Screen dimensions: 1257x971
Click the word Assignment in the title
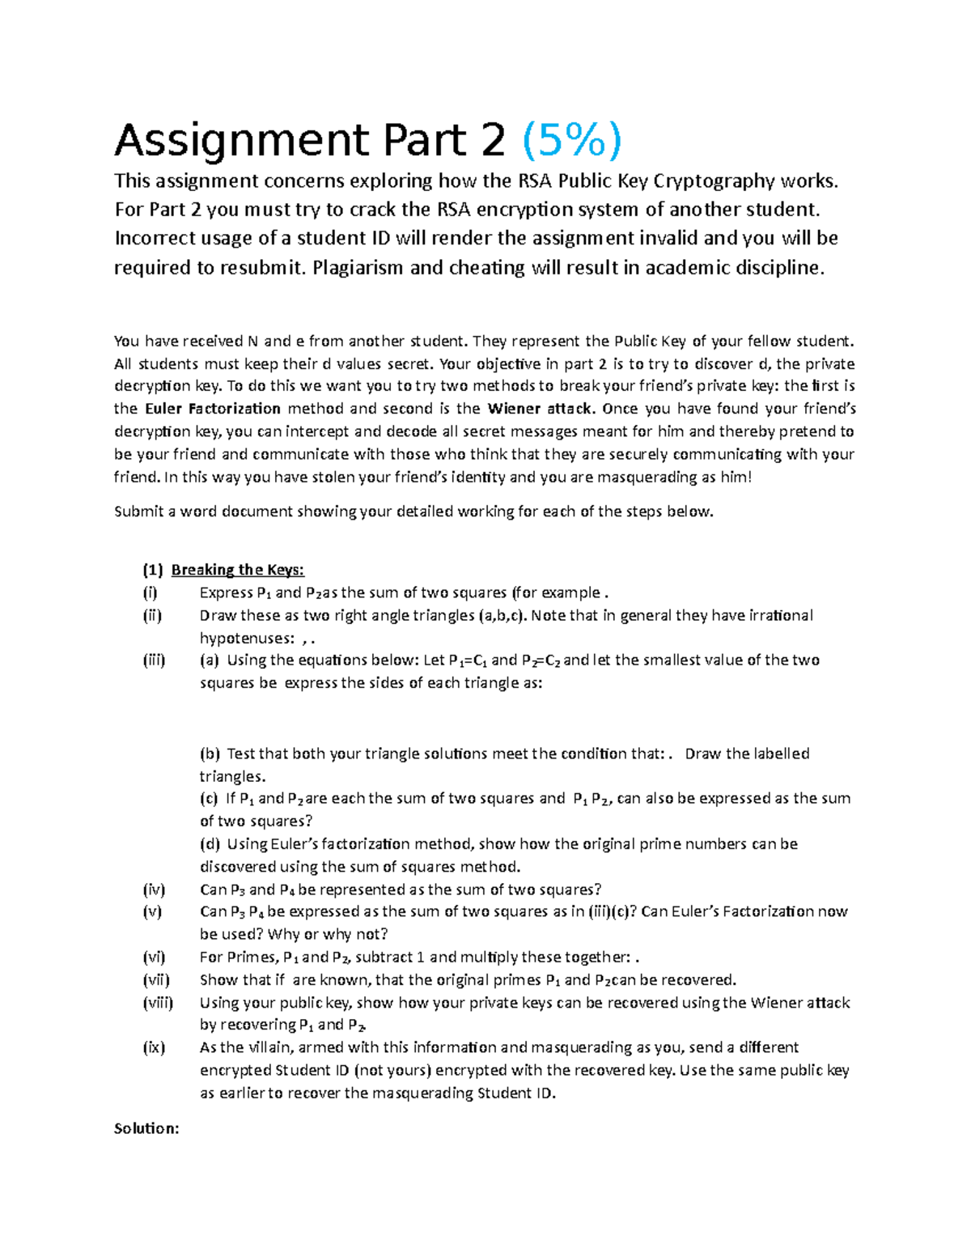pyautogui.click(x=241, y=142)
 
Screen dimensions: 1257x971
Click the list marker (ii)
pyautogui.click(x=151, y=615)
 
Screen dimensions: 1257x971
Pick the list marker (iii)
pyautogui.click(x=154, y=660)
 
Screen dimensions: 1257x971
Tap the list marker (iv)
pyautogui.click(x=153, y=890)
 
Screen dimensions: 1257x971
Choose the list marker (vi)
pyautogui.click(x=153, y=957)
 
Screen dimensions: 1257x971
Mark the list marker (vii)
pyautogui.click(x=155, y=979)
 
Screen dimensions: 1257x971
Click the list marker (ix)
pyautogui.click(x=153, y=1047)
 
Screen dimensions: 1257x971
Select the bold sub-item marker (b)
pyautogui.click(x=210, y=754)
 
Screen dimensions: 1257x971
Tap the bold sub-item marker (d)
pyautogui.click(x=210, y=844)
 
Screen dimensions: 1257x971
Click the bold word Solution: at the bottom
pyautogui.click(x=146, y=1128)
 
